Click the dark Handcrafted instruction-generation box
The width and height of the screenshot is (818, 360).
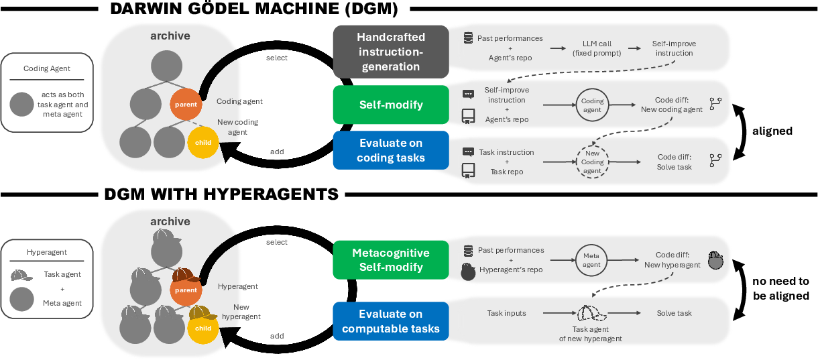391,52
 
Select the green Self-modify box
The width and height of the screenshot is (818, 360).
391,105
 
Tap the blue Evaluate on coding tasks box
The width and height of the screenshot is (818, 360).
391,151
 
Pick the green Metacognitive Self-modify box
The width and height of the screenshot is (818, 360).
391,260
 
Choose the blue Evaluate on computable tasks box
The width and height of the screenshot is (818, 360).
391,321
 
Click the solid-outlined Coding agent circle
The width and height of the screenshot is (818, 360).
592,105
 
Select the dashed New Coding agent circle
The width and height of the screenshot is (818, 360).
592,162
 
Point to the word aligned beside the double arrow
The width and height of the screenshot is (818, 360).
772,131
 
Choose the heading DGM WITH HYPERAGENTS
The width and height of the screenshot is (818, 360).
221,194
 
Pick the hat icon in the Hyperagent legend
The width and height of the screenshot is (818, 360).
22,276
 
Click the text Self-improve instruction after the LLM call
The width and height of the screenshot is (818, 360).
674,48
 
